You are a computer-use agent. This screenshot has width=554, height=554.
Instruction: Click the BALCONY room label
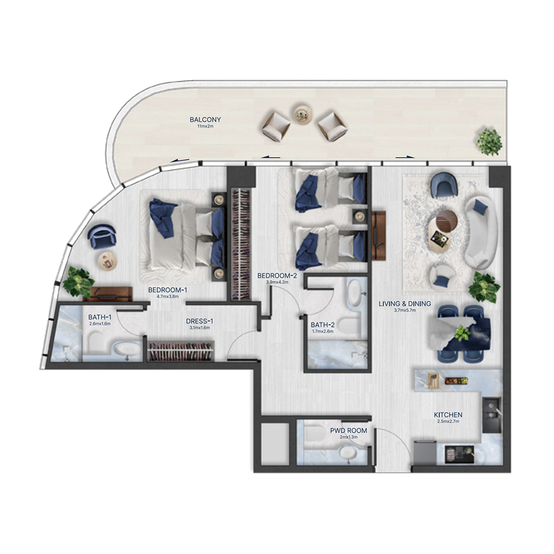coord(201,120)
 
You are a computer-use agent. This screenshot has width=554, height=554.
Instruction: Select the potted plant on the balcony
coord(490,141)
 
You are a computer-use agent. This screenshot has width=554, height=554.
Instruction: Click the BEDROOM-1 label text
coord(169,289)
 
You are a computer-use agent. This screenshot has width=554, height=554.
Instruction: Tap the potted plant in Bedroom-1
coord(77,282)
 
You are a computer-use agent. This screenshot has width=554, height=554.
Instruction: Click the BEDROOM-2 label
coord(277,276)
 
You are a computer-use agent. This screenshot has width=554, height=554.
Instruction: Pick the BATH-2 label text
coord(323,324)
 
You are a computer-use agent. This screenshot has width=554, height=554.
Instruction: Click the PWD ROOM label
coord(344,430)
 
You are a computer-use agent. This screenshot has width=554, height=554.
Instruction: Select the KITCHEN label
coord(449,415)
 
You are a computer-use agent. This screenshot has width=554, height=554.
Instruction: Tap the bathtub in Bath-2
coord(355,294)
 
